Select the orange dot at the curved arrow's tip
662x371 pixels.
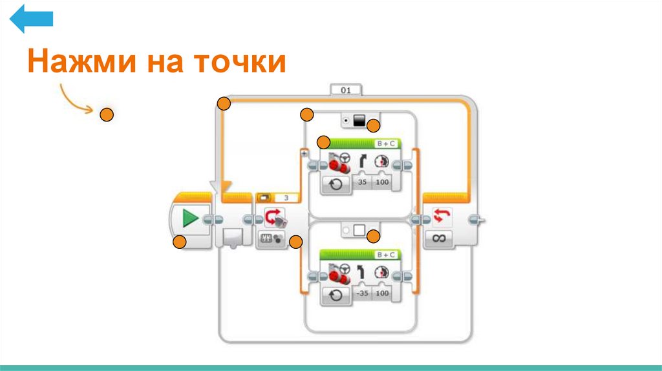(107, 115)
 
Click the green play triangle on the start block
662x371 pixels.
(190, 218)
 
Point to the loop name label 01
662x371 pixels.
(346, 90)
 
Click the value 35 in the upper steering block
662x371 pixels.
(363, 184)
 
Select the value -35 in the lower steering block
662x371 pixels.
(363, 293)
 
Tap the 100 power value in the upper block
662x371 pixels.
(383, 184)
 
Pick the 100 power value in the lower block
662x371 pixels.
(383, 293)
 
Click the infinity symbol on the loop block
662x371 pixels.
(440, 238)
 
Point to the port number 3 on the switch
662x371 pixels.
(286, 198)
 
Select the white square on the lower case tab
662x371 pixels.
(359, 230)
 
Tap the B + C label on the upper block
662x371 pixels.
(387, 143)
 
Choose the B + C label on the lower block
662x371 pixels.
(387, 254)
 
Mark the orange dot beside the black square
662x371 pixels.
(373, 127)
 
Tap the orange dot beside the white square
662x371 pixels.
(373, 237)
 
